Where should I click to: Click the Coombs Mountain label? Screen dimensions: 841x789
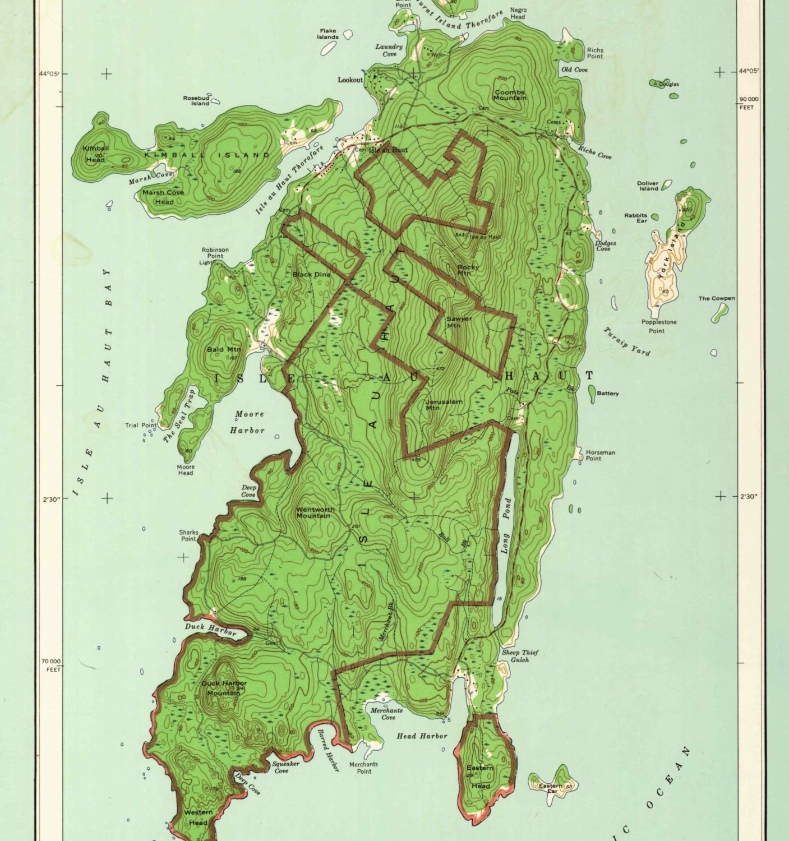click(x=510, y=95)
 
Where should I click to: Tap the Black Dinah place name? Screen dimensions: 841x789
click(x=311, y=274)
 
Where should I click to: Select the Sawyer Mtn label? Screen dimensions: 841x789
click(x=459, y=322)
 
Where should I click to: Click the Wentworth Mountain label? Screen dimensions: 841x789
click(x=315, y=512)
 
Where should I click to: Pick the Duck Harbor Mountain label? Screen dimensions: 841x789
click(x=224, y=688)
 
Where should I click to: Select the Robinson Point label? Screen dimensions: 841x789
click(x=215, y=253)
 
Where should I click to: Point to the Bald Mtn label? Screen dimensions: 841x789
click(x=223, y=349)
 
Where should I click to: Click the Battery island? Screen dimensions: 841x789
click(x=592, y=393)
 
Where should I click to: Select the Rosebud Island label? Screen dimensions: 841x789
click(x=196, y=100)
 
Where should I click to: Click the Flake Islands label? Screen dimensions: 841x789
click(x=328, y=34)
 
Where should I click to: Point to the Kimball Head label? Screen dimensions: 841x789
click(x=95, y=154)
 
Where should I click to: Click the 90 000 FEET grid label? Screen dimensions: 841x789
click(x=748, y=103)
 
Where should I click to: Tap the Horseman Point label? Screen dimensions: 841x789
click(x=601, y=455)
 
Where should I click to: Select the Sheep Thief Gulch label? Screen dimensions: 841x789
click(x=519, y=656)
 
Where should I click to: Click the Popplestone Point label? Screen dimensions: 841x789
click(x=659, y=326)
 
